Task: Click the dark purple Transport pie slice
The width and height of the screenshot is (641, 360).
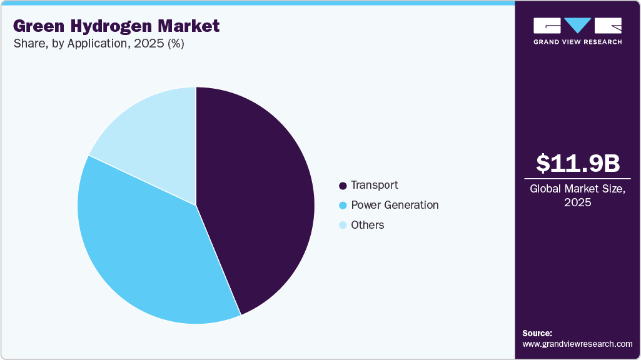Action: pos(263,200)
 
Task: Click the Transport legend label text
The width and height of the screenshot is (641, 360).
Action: pos(374,185)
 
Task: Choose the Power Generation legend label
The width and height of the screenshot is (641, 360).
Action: pos(395,205)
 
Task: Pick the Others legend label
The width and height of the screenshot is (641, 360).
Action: pos(368,225)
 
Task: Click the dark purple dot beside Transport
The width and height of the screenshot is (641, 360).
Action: pos(342,186)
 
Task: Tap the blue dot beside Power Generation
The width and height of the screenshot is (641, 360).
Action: pos(342,206)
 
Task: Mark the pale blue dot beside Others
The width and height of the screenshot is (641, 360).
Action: pos(342,226)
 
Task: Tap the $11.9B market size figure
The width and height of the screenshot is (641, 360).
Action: pos(578,163)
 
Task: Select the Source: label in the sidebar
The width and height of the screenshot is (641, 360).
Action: pos(537,333)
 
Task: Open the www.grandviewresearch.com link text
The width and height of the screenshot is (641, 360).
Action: pos(577,344)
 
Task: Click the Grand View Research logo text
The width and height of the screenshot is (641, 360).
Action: pos(577,42)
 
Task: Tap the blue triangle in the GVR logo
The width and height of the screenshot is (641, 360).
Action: pos(578,25)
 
